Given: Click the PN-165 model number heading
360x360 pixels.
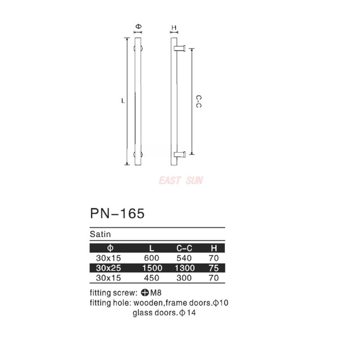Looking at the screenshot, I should click(x=117, y=213).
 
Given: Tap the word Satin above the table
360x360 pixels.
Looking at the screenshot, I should click(x=100, y=234).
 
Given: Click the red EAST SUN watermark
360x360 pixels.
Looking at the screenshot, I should click(x=180, y=180).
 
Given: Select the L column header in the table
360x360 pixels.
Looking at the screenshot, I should click(x=151, y=248).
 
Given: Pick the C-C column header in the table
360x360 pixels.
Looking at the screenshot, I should click(x=184, y=248).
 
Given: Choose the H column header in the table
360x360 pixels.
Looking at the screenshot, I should click(x=214, y=248).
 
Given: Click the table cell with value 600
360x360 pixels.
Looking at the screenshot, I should click(x=151, y=258).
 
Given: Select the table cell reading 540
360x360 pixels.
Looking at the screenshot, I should click(x=184, y=258).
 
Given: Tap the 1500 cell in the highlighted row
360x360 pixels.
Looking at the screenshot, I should click(x=151, y=268).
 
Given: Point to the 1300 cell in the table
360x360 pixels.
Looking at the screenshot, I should click(x=184, y=268).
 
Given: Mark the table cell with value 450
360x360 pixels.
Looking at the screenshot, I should click(x=151, y=278).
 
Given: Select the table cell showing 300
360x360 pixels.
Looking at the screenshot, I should click(x=184, y=278).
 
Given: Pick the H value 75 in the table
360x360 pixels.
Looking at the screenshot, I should click(x=214, y=268).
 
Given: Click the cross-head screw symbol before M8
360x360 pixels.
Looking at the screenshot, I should click(x=145, y=291).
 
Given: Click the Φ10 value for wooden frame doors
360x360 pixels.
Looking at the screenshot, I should click(x=221, y=303).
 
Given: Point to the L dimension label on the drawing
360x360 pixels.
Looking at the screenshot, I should click(x=122, y=101).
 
